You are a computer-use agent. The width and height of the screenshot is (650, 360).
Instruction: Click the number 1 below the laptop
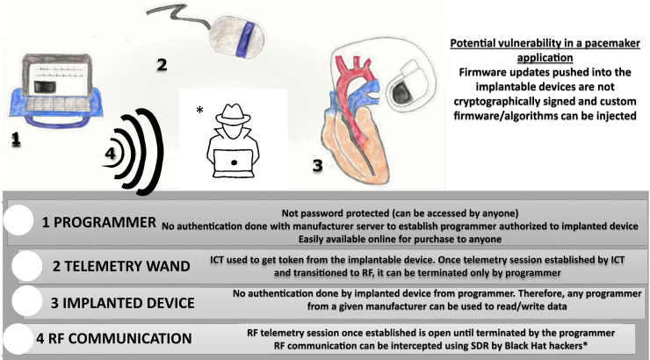[x=17, y=139]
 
